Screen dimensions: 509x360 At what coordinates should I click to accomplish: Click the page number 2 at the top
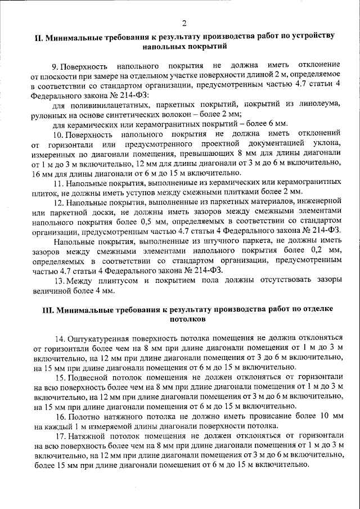[x=184, y=23]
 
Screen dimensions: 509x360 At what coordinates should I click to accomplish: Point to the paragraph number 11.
[x=57, y=184]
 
